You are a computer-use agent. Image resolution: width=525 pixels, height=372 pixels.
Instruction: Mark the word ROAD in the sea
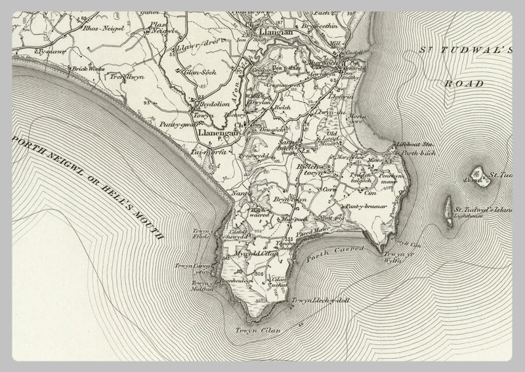coord(463,83)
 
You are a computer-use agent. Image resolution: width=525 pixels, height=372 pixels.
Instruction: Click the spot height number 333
coord(289,237)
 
